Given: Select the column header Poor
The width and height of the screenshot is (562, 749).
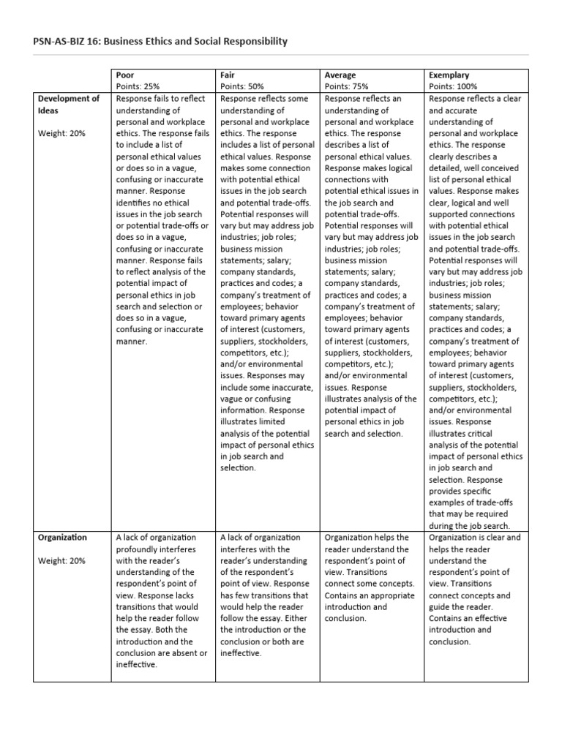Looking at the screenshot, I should pos(125,75).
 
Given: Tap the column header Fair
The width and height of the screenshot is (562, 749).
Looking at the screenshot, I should pos(228,75).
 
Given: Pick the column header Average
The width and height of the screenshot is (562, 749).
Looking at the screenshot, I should pos(340,75).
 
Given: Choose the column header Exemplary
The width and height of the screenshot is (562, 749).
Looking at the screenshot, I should pos(449,75).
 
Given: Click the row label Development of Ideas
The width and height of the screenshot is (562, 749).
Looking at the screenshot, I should pos(68,105).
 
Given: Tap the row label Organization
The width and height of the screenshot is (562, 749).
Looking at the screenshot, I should pos(62,538).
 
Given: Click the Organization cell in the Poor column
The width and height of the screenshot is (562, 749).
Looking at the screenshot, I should pos(162,601).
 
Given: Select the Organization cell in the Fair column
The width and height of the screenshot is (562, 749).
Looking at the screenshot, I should pos(266,595).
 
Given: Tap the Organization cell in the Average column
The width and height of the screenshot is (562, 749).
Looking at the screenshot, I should pos(370,578).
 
